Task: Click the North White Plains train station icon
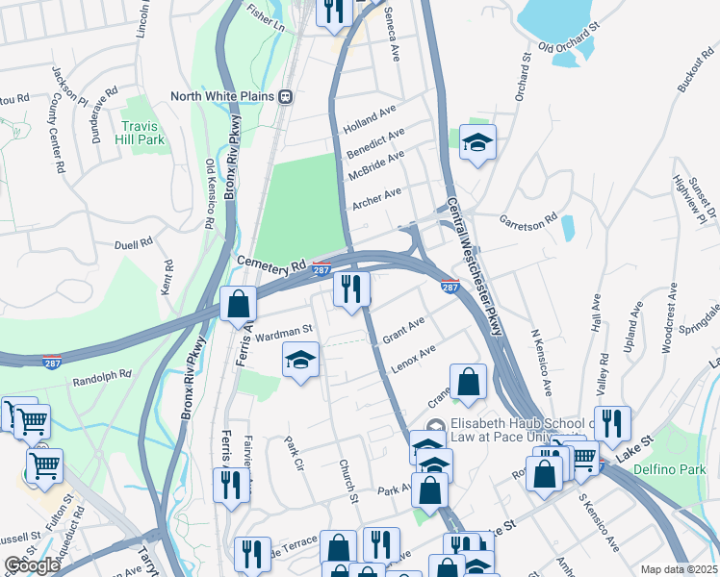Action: click(x=286, y=96)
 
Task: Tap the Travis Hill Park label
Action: click(x=143, y=133)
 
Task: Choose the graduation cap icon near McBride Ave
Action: click(x=476, y=143)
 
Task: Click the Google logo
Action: click(x=32, y=565)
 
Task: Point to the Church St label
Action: click(x=347, y=479)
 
